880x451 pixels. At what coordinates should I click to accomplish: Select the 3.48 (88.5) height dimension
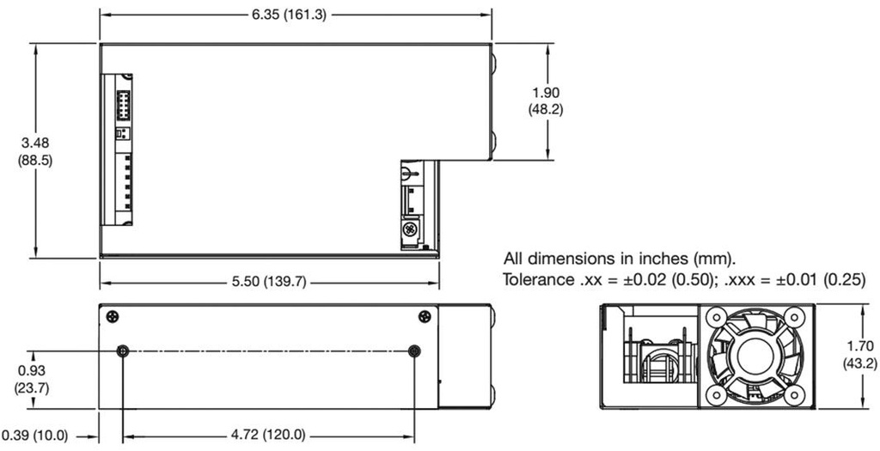pyautogui.click(x=35, y=152)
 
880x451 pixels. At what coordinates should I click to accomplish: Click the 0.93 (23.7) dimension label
pyautogui.click(x=32, y=378)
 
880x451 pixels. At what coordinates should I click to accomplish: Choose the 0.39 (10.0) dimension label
pyautogui.click(x=34, y=435)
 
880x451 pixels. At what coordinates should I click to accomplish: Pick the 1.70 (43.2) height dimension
pyautogui.click(x=859, y=354)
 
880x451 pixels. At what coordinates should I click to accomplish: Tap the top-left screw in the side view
pyautogui.click(x=113, y=316)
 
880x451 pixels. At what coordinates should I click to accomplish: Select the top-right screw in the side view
pyautogui.click(x=425, y=316)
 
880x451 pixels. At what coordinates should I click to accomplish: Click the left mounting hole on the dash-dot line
pyautogui.click(x=124, y=350)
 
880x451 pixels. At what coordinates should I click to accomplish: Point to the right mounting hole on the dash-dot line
pyautogui.click(x=415, y=350)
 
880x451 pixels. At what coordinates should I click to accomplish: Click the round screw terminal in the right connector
pyautogui.click(x=410, y=230)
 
